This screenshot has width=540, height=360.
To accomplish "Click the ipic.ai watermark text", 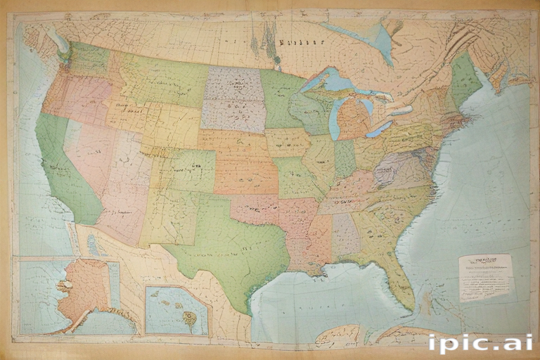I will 480,342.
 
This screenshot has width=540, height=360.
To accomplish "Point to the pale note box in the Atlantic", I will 486,277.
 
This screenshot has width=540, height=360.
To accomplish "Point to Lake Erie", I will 380,129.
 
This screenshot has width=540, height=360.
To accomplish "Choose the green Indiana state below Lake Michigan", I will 345,158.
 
